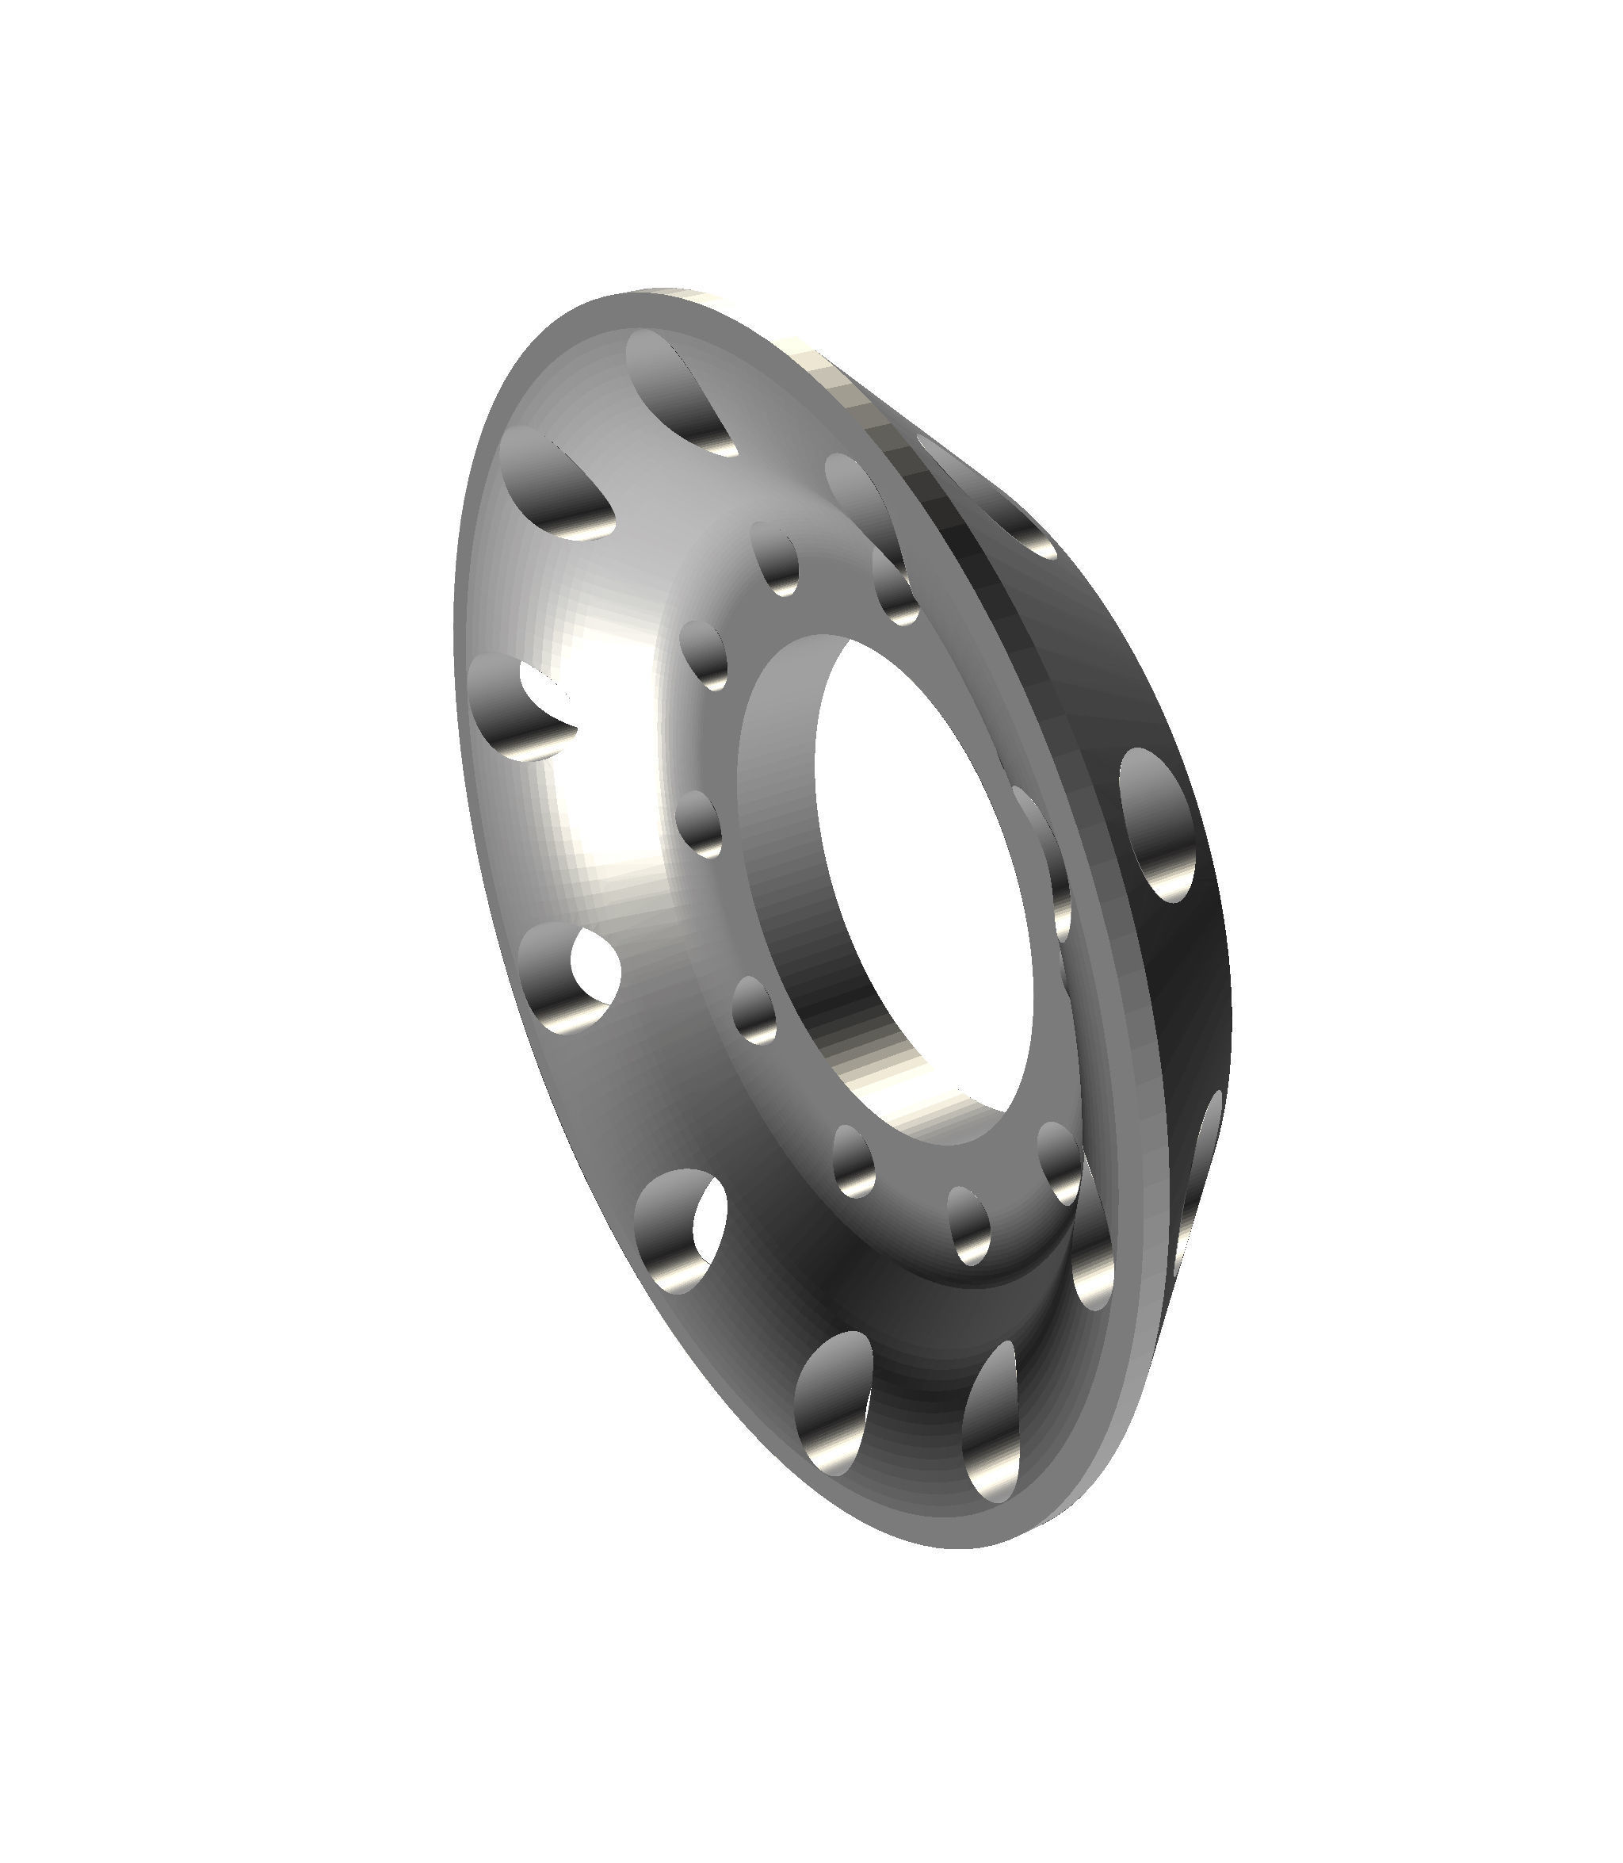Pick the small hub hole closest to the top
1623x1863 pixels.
pyautogui.click(x=775, y=557)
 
